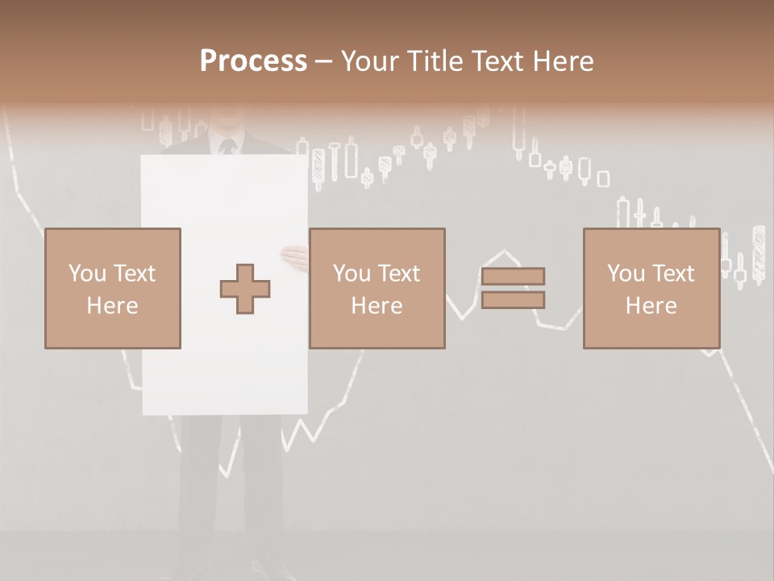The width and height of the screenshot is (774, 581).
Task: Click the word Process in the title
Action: tap(253, 61)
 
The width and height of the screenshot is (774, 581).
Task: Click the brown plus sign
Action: tap(246, 289)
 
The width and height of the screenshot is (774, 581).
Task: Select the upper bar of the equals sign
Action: tap(514, 276)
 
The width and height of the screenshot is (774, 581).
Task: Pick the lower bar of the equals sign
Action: tap(514, 300)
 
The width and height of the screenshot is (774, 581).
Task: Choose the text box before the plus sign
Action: tap(113, 288)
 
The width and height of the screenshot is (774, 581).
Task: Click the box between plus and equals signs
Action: tap(377, 288)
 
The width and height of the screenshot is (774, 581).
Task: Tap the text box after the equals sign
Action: tap(651, 288)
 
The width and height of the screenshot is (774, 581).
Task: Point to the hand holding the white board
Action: tap(295, 257)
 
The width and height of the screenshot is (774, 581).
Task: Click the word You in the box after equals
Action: tap(626, 274)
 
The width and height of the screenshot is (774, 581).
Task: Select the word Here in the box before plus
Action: tap(113, 306)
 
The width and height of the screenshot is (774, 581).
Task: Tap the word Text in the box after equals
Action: tap(672, 274)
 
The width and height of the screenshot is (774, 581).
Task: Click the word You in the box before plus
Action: tap(88, 274)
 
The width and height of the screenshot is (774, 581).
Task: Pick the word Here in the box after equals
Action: tap(651, 306)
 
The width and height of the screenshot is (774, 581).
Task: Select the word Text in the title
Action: tap(493, 61)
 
